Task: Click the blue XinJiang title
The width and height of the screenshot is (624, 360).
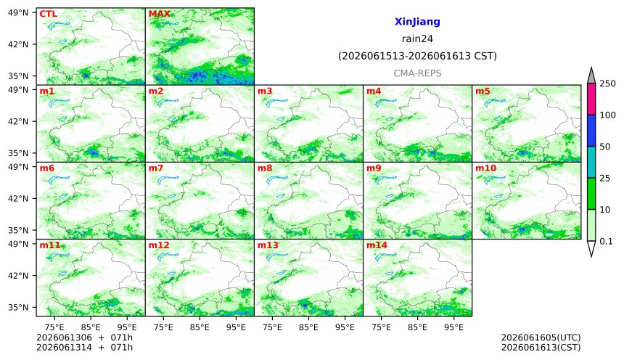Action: (x=417, y=22)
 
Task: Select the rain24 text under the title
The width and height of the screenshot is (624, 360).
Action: (x=417, y=38)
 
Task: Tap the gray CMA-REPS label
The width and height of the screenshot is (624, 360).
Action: (x=417, y=73)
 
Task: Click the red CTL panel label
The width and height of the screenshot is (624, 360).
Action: (x=48, y=14)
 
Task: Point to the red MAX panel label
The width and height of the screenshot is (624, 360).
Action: (x=159, y=14)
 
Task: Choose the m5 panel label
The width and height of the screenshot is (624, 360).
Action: (x=483, y=91)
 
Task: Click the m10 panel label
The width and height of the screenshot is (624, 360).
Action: (x=486, y=168)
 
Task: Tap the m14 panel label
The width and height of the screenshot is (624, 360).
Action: (x=377, y=245)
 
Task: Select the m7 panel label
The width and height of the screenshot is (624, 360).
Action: (x=156, y=168)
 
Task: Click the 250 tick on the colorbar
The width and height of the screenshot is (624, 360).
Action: (x=608, y=83)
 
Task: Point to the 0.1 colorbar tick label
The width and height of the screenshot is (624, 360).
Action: (x=606, y=241)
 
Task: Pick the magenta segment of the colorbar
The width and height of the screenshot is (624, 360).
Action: (x=591, y=99)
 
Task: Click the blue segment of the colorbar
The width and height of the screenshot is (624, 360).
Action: (x=591, y=131)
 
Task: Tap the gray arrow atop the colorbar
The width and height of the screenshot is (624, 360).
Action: (x=591, y=76)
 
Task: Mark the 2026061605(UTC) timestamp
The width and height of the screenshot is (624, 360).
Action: (x=541, y=337)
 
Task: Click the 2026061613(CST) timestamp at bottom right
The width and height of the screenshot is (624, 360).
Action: (x=541, y=347)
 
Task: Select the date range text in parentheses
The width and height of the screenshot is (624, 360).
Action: (x=417, y=56)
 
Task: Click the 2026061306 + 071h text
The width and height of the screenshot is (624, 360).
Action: (x=84, y=337)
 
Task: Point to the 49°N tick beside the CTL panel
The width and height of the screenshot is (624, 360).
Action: (x=18, y=13)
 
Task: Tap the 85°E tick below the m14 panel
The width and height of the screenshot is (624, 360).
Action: (x=417, y=327)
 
